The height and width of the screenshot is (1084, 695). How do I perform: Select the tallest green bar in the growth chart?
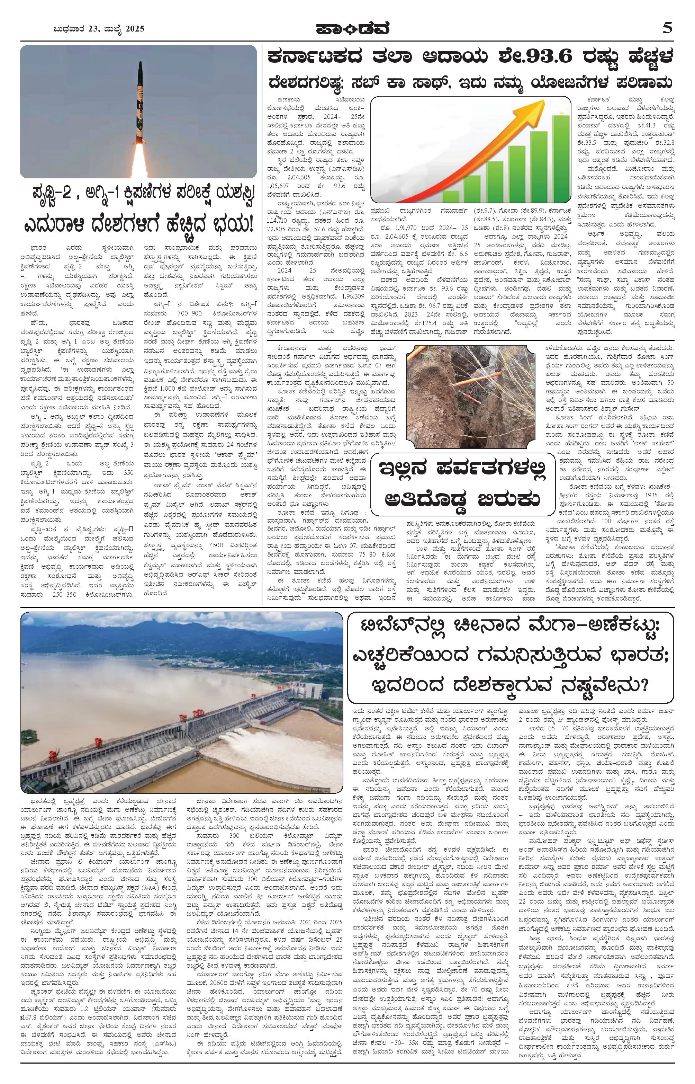[561, 158]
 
